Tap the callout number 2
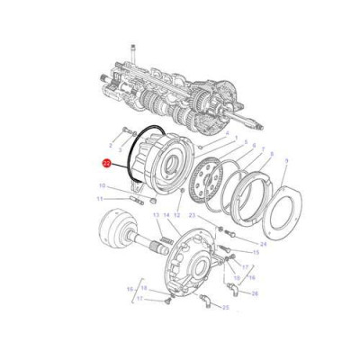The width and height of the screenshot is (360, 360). pyautogui.click(x=112, y=144)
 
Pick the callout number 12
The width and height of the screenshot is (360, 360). pyautogui.click(x=176, y=216)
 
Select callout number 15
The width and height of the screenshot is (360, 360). pyautogui.click(x=256, y=253)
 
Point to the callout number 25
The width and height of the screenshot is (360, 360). pyautogui.click(x=225, y=308)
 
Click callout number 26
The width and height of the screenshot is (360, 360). pyautogui.click(x=255, y=293)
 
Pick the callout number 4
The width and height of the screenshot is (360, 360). pyautogui.click(x=228, y=136)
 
